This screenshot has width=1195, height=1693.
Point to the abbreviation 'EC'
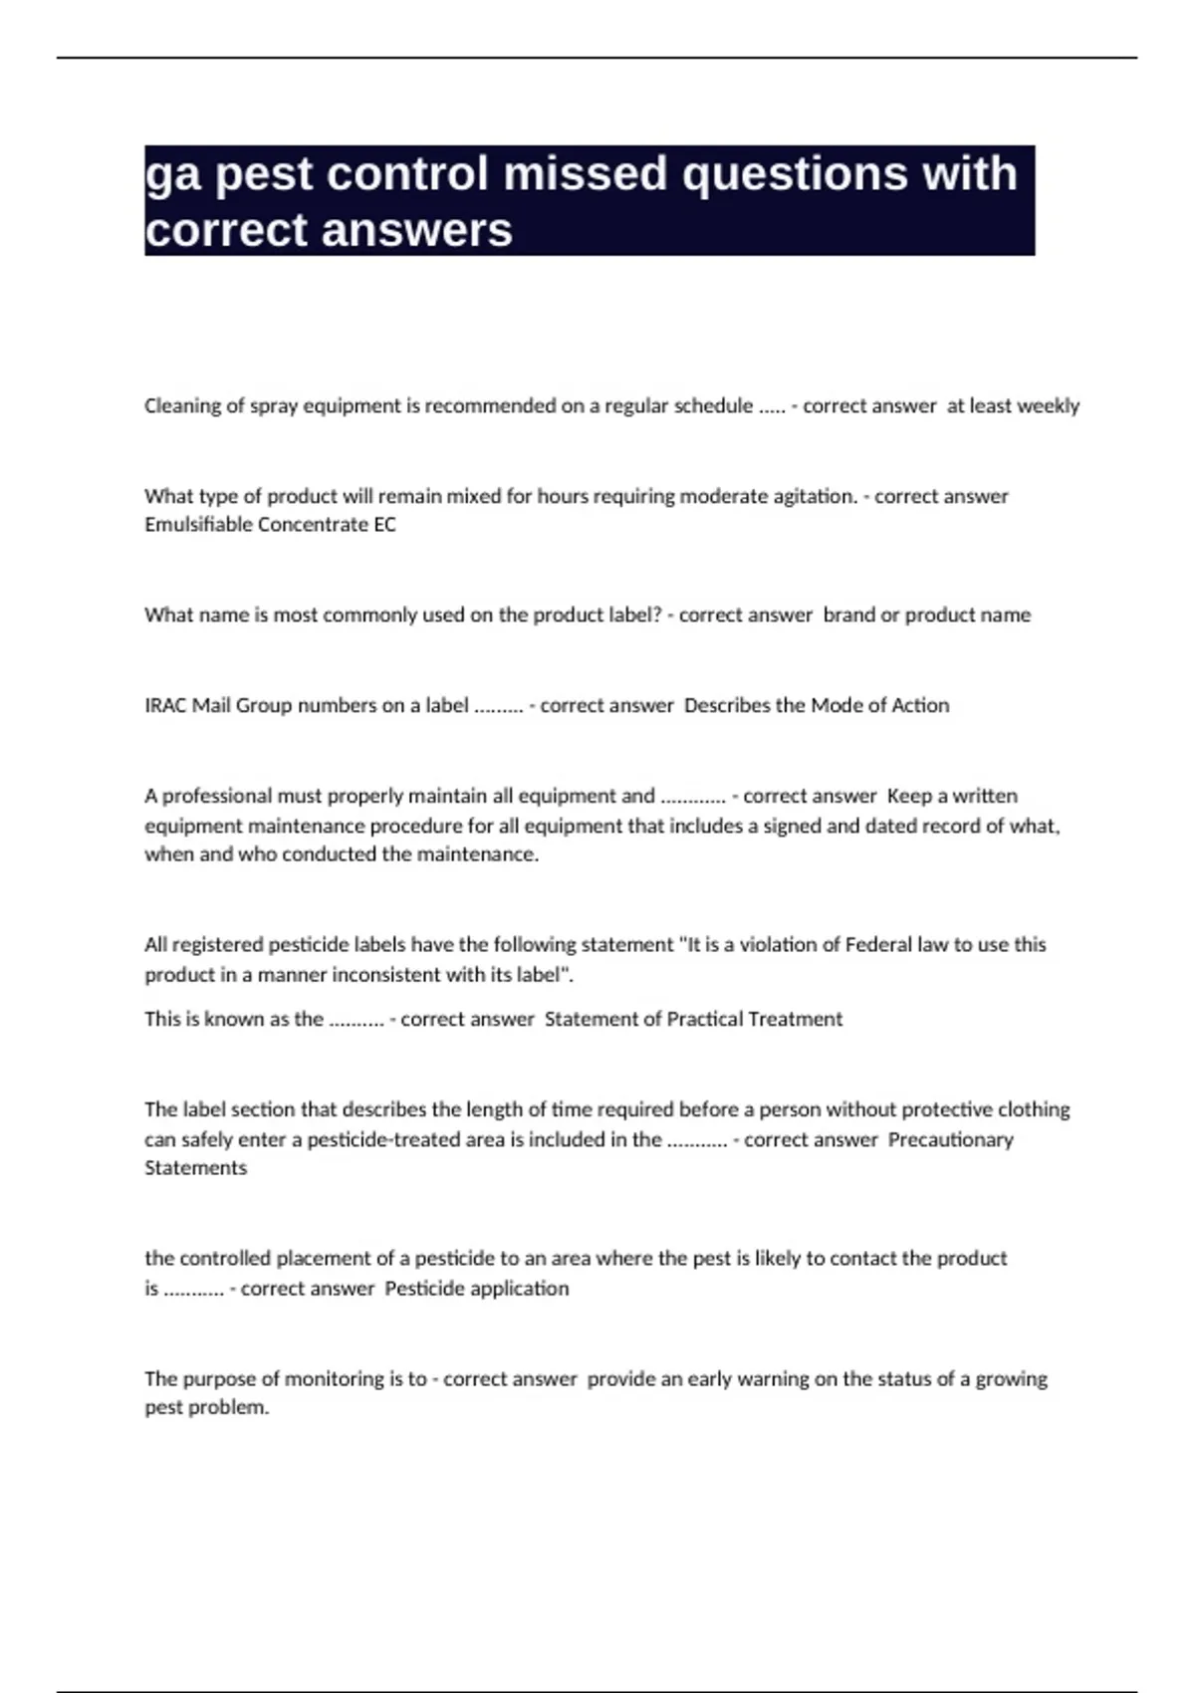point(384,525)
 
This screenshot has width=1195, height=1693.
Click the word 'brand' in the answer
point(848,615)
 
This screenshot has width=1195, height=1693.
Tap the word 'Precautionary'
point(950,1139)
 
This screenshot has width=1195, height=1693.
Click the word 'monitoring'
point(335,1379)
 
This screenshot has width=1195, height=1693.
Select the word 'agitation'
point(805,496)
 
